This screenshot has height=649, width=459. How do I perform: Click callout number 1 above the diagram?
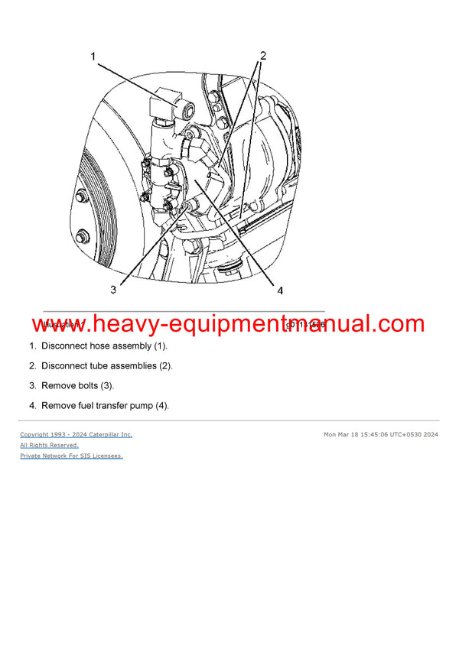[93, 57]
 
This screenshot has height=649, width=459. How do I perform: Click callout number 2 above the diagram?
[263, 56]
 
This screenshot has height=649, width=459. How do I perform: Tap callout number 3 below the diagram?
[113, 290]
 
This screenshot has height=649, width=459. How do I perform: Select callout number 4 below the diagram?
[280, 290]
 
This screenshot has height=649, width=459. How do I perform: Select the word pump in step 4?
[141, 406]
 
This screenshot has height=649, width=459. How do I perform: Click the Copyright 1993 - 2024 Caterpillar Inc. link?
[76, 435]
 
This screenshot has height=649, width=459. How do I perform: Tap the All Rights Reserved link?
[49, 445]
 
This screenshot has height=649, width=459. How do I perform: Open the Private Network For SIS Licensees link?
[71, 456]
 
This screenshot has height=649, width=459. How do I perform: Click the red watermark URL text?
[229, 326]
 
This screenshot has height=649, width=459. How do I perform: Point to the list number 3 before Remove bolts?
[33, 386]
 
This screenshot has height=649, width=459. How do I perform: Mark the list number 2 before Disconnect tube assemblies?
[33, 366]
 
